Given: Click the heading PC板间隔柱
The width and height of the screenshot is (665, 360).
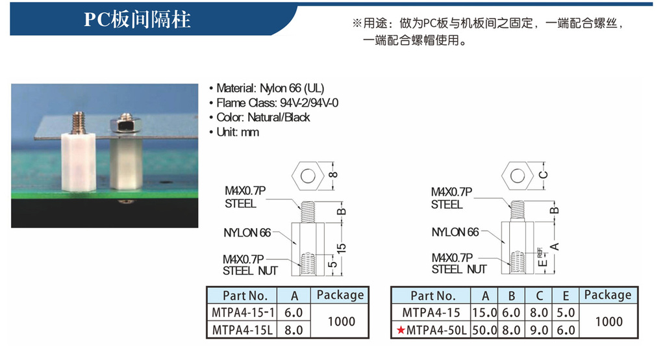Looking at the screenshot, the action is pos(137,19).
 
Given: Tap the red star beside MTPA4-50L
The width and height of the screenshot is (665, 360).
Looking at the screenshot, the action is pos(400,330).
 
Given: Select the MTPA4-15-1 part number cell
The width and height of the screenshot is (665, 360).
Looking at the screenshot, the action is pos(242,313).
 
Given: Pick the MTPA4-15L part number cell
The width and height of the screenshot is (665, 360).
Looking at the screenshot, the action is pos(242,330).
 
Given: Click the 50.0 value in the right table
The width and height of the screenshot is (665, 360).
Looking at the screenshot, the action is pos(484,330).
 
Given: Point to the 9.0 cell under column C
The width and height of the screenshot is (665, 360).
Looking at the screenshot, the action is pos(539,330).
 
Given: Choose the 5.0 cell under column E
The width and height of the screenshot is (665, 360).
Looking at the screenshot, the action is pos(566,313).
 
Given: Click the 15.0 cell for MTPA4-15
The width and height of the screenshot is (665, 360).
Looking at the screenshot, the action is pos(484,313).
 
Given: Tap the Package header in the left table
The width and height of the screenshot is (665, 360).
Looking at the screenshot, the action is pos(340,295).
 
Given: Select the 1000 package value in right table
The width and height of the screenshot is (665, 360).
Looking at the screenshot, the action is pos(609,322).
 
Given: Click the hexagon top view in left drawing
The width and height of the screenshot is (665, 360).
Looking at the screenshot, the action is pos(308,175).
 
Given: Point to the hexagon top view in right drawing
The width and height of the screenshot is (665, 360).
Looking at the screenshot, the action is pos(518,175).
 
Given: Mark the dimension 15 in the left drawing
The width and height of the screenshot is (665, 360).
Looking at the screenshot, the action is pos(342,248).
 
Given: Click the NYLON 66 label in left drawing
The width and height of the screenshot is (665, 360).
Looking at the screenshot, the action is pos(247,233).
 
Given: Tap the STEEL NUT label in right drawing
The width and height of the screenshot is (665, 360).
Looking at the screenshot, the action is pos(459,270).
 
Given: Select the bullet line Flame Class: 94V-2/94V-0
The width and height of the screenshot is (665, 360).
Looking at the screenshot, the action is pos(273,103).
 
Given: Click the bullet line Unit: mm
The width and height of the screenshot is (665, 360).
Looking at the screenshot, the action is pos(234,132).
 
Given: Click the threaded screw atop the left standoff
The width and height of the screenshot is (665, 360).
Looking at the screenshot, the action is pos(79,123).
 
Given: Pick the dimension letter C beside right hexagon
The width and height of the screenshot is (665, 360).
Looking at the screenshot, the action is pos(544,175).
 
